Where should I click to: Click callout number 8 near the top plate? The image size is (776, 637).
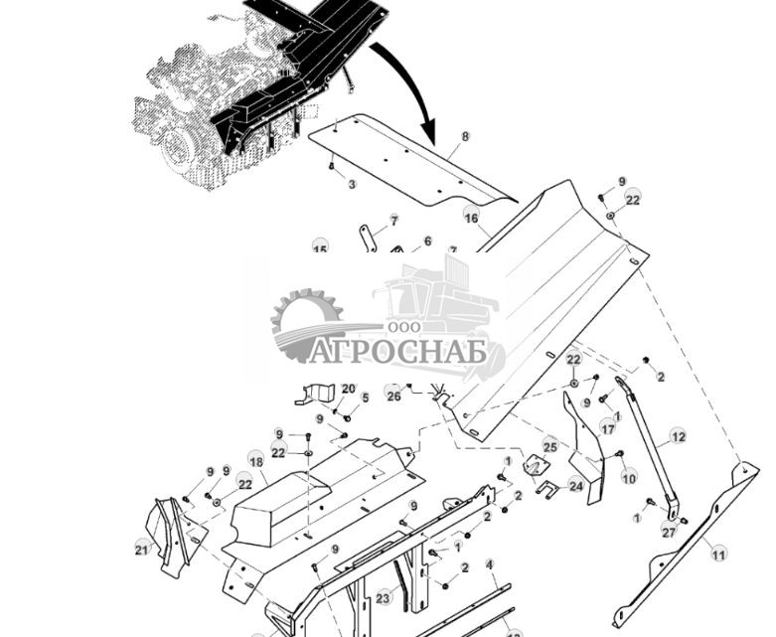point(465,137)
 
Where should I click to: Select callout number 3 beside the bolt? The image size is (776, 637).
point(351,184)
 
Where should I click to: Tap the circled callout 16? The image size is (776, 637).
point(471,218)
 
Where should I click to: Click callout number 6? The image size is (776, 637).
point(428,241)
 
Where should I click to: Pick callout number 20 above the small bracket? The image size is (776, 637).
point(348,389)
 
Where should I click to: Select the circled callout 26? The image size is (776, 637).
point(393,396)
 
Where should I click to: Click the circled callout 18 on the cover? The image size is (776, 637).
point(256,462)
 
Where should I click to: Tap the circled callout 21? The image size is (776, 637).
point(141,548)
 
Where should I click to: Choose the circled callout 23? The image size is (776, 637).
point(384,597)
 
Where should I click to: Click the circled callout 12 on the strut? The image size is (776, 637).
point(679,436)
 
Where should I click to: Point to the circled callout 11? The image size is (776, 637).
point(718,554)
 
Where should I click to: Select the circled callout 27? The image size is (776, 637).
point(669,532)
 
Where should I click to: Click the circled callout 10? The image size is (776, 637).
point(628,478)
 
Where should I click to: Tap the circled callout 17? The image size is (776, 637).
point(608,428)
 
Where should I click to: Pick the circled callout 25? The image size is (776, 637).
point(549,444)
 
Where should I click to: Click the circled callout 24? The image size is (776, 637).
point(575,486)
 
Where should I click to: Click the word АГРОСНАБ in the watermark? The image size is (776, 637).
point(397,352)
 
